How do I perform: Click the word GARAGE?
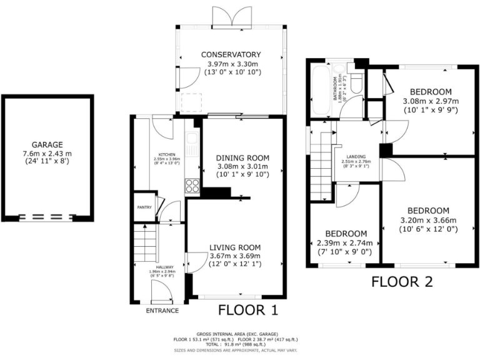[x=47, y=144]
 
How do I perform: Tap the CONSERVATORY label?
[x=231, y=54]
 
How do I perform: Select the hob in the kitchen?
[x=192, y=184]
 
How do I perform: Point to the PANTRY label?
[x=144, y=207]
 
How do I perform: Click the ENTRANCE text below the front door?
[x=162, y=311]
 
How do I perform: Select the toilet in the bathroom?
[x=357, y=84]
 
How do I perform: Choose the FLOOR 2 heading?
[x=402, y=282]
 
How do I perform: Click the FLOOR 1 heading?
[x=247, y=310]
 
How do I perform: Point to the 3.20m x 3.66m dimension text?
[x=428, y=220]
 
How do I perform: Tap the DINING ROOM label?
[x=242, y=157]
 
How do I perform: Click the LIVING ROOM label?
[x=235, y=246]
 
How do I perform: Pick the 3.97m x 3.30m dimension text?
[x=231, y=64]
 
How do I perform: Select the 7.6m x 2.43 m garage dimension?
[x=47, y=153]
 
